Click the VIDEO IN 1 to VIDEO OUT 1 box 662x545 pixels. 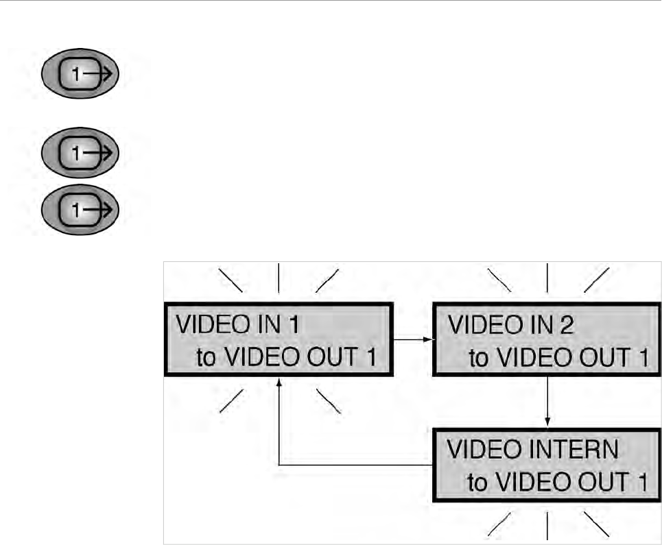[278, 340]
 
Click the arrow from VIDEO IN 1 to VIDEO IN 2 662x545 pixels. [412, 339]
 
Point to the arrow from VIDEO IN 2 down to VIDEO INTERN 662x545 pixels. [547, 401]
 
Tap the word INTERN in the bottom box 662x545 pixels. [576, 450]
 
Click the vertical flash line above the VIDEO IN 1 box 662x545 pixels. [278, 278]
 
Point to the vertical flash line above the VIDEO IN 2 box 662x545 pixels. [547, 278]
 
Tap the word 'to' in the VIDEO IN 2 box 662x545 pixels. [480, 357]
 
